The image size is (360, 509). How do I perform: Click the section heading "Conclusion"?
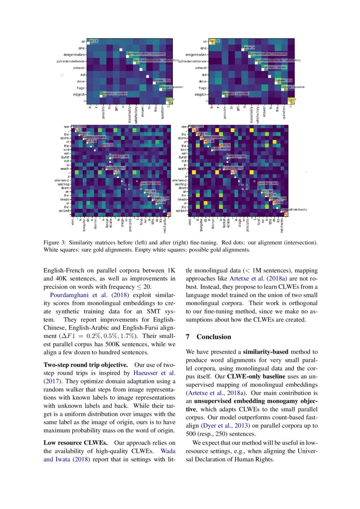pos(214,337)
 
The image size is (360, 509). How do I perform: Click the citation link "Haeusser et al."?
pos(154,373)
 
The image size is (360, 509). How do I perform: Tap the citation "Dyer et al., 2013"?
pos(219,425)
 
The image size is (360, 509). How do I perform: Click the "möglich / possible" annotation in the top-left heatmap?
pos(114,94)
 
